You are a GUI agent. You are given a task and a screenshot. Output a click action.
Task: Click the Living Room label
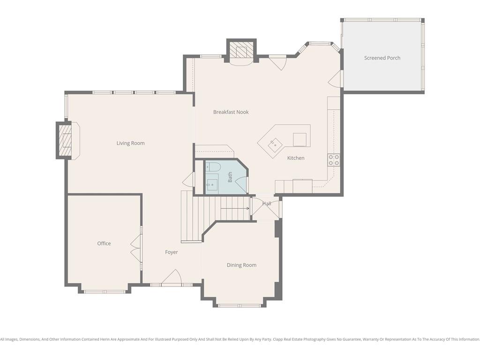[x=130, y=143]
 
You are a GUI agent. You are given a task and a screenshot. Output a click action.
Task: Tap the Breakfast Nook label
[x=231, y=112]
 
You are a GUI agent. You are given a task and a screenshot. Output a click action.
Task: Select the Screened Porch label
[x=382, y=58]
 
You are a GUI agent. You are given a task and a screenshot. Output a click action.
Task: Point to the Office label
[x=104, y=243]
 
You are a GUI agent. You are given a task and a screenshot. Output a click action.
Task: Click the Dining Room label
[x=241, y=265]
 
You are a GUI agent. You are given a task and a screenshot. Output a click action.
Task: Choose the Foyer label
[x=172, y=252]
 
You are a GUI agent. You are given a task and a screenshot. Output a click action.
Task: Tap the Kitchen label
[x=296, y=158]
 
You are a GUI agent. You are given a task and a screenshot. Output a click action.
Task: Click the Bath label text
[x=230, y=177]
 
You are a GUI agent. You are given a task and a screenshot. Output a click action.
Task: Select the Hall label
[x=267, y=203]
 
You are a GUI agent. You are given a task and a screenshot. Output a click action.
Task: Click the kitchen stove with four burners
[x=334, y=160]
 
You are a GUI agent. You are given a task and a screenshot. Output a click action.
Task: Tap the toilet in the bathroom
[x=213, y=167]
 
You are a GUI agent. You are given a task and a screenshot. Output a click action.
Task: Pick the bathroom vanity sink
[x=212, y=184]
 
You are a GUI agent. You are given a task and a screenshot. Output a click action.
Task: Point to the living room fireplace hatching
[x=65, y=140]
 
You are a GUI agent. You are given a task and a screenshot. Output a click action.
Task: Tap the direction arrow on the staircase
[x=235, y=209]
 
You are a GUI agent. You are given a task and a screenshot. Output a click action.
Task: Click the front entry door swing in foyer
[x=172, y=277]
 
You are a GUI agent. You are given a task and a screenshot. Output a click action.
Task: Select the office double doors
[x=136, y=248]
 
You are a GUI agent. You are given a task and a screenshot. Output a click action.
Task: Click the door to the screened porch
[x=335, y=78]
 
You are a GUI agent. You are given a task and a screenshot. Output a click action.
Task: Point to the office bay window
[x=105, y=292]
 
